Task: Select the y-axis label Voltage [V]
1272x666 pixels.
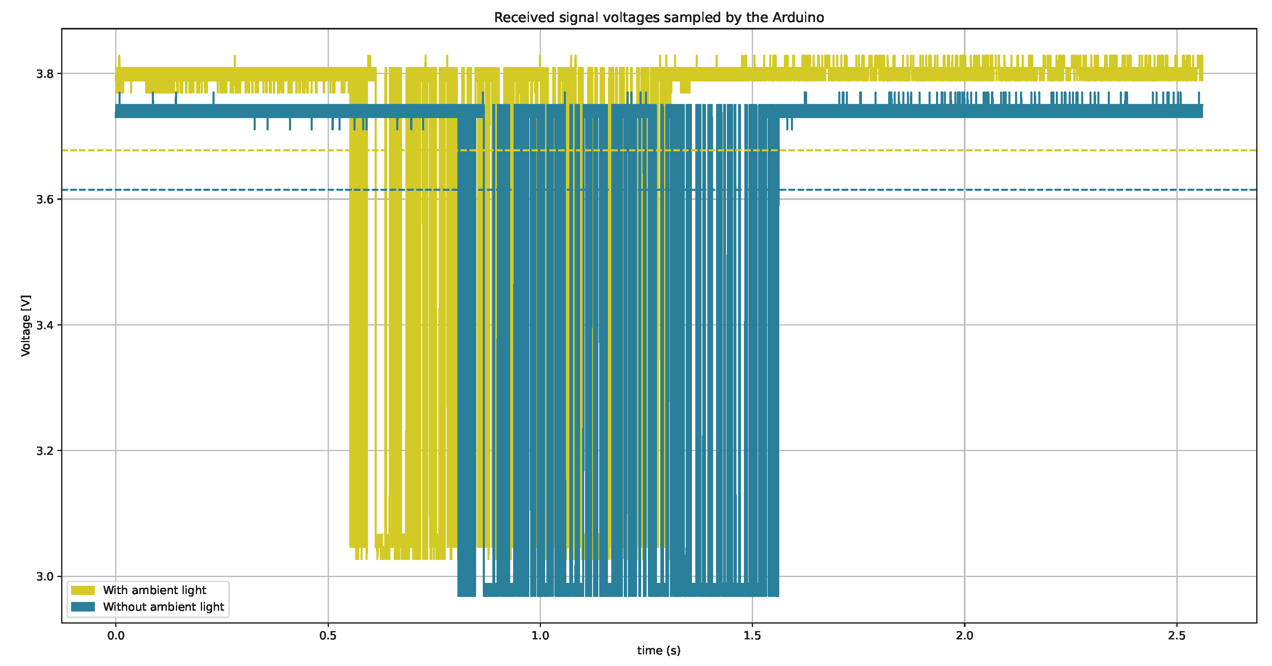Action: point(26,326)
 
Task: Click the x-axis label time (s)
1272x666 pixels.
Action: point(658,650)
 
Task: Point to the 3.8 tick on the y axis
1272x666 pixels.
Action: point(45,74)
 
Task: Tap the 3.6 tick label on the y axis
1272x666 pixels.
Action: point(45,200)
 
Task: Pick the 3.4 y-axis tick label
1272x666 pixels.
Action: point(45,326)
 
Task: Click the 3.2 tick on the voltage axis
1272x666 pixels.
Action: point(45,451)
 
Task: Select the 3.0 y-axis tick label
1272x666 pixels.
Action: point(45,577)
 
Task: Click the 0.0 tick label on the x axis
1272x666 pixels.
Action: point(116,635)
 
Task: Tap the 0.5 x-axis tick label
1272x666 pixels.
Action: point(328,635)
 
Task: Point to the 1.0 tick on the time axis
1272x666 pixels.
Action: point(540,635)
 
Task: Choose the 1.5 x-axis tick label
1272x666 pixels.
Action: point(752,635)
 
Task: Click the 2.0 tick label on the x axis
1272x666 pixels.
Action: point(964,635)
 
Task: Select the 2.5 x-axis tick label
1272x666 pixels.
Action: point(1177,635)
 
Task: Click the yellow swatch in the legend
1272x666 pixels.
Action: point(83,590)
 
